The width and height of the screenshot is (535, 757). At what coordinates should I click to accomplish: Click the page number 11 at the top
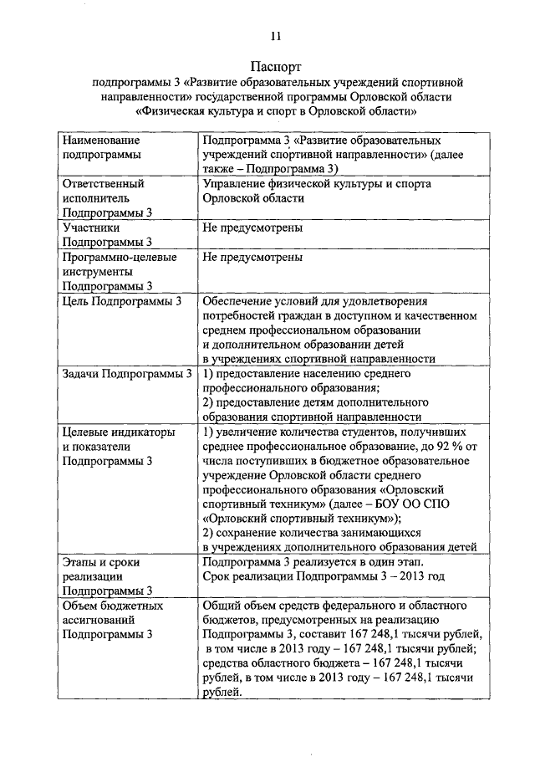click(x=276, y=35)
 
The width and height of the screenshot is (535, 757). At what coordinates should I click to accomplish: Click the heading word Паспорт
click(x=276, y=65)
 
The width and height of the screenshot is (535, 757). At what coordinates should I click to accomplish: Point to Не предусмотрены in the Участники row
click(x=252, y=228)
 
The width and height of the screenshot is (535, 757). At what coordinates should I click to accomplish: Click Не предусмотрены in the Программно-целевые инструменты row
click(x=252, y=257)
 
